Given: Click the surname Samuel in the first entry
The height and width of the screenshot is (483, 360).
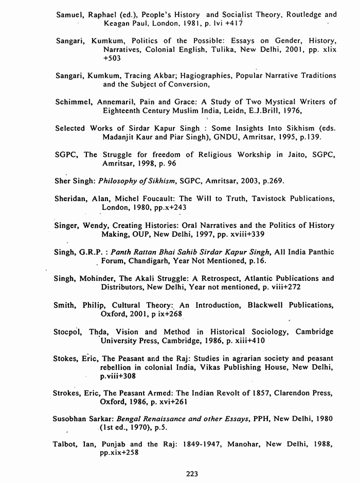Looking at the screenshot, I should [70, 15].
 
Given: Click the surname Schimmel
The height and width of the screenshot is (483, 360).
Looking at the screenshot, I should [73, 102].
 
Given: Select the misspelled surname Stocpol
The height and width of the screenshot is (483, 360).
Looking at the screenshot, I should [68, 332].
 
